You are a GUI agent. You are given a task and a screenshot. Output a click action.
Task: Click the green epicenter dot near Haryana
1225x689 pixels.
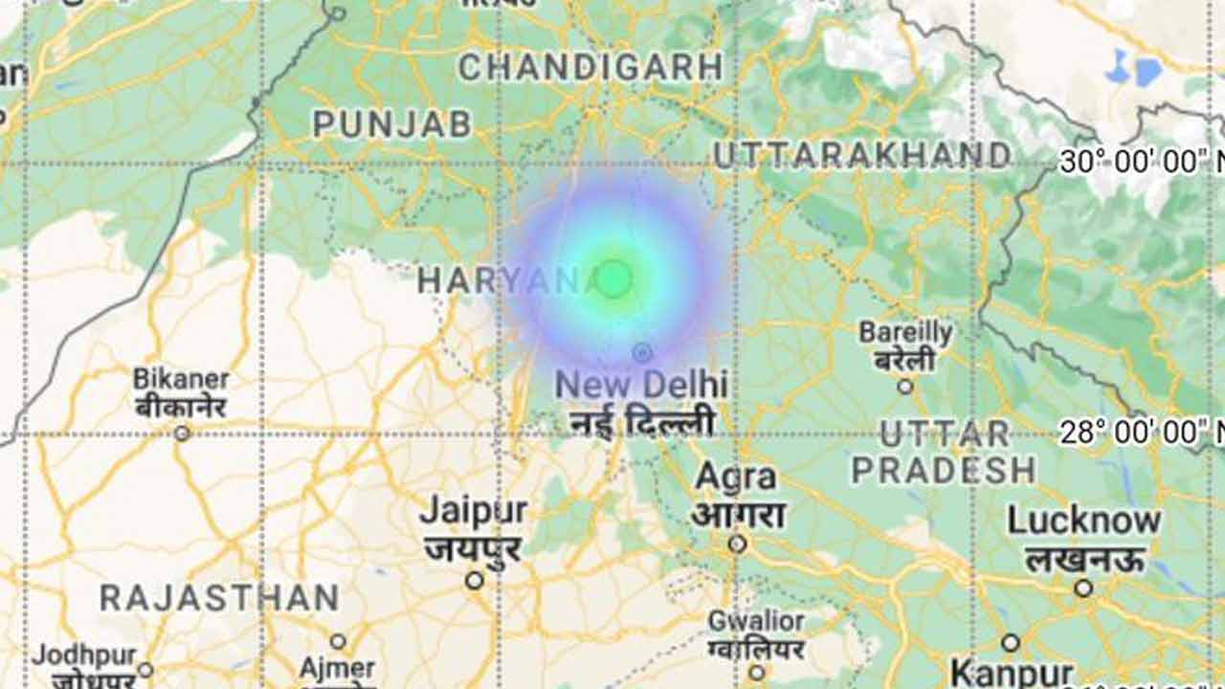(x=614, y=278)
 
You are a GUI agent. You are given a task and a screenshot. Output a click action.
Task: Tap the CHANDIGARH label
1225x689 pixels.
(x=590, y=67)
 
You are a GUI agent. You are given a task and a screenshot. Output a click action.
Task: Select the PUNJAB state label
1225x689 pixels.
(x=392, y=123)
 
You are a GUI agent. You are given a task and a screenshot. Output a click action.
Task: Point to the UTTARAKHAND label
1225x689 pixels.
(x=861, y=155)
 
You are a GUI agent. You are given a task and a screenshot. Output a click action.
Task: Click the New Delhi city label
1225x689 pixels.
(x=641, y=385)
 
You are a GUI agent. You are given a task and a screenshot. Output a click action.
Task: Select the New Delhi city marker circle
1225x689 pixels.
(x=642, y=353)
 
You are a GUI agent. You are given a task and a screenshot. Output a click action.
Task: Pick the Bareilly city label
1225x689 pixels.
(x=905, y=333)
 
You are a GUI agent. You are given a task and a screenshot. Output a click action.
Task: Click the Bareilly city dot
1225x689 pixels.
(x=904, y=387)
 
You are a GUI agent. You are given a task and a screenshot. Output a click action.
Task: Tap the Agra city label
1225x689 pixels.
(x=736, y=477)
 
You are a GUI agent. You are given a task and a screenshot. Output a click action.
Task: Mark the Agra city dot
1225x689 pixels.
(x=737, y=544)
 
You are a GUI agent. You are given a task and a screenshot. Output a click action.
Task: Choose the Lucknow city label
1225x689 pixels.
(x=1083, y=522)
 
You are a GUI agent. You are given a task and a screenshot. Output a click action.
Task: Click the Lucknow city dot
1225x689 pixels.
(x=1083, y=588)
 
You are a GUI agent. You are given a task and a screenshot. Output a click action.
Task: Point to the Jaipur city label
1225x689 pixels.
(x=473, y=511)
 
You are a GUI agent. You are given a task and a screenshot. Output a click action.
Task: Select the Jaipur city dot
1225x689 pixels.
(x=474, y=580)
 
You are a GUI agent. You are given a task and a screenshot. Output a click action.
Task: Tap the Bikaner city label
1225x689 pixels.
(x=181, y=378)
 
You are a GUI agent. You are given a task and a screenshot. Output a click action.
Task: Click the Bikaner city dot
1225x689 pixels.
(x=182, y=433)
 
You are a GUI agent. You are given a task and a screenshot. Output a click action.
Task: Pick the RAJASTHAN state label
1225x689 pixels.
(x=219, y=599)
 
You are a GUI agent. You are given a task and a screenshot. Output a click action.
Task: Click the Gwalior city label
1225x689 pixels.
(x=756, y=622)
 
